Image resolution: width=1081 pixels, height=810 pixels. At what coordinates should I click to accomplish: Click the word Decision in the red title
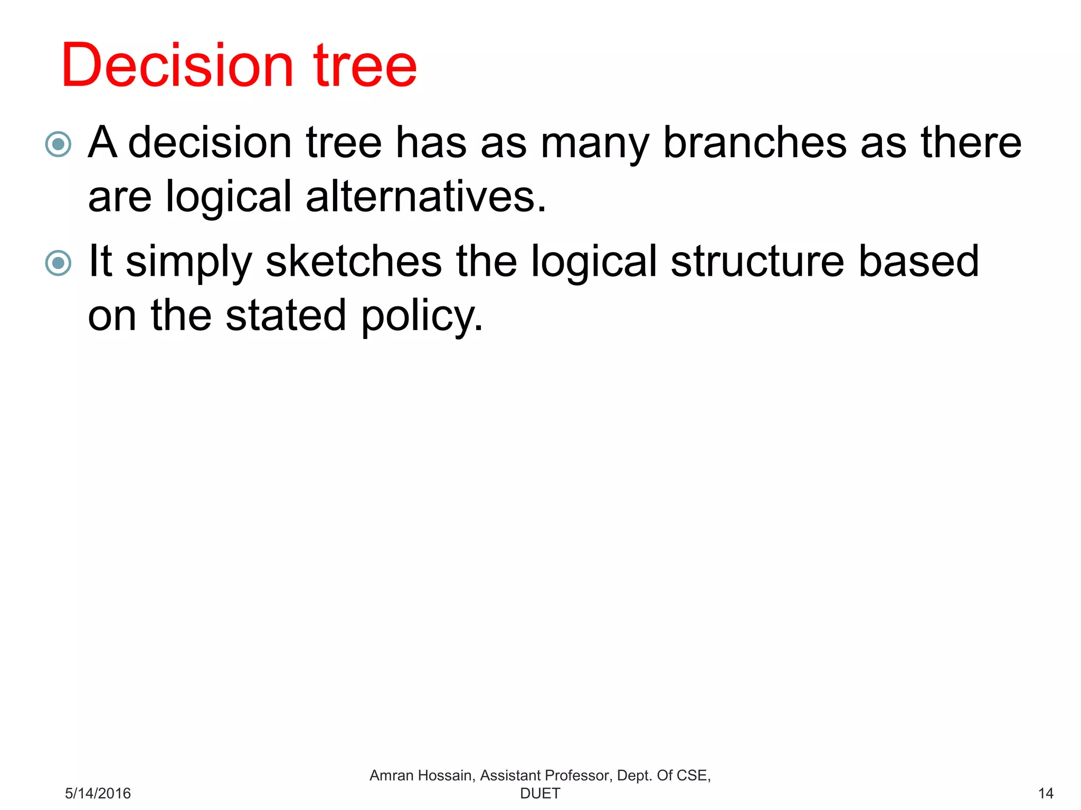[x=177, y=65]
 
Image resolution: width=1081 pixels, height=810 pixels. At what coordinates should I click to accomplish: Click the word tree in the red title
[x=365, y=65]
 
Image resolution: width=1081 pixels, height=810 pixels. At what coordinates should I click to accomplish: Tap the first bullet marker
[x=58, y=144]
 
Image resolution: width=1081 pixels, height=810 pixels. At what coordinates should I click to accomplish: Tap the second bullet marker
[x=58, y=263]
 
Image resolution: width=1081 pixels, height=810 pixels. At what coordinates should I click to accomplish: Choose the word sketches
[x=354, y=261]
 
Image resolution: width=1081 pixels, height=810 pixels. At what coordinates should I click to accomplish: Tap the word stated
[x=286, y=315]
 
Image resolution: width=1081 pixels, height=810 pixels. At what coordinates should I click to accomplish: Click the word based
[x=918, y=261]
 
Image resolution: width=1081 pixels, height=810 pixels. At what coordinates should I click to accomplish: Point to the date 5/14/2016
[x=98, y=793]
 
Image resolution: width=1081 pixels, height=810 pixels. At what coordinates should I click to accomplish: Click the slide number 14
[x=1045, y=793]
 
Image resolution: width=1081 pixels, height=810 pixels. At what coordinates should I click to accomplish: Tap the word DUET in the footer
[x=540, y=793]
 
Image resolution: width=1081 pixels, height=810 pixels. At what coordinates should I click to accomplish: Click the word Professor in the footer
[x=578, y=775]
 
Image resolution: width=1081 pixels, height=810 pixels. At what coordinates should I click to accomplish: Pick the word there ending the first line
[x=971, y=142]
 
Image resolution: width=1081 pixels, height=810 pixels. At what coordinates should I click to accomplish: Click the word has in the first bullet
[x=431, y=142]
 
